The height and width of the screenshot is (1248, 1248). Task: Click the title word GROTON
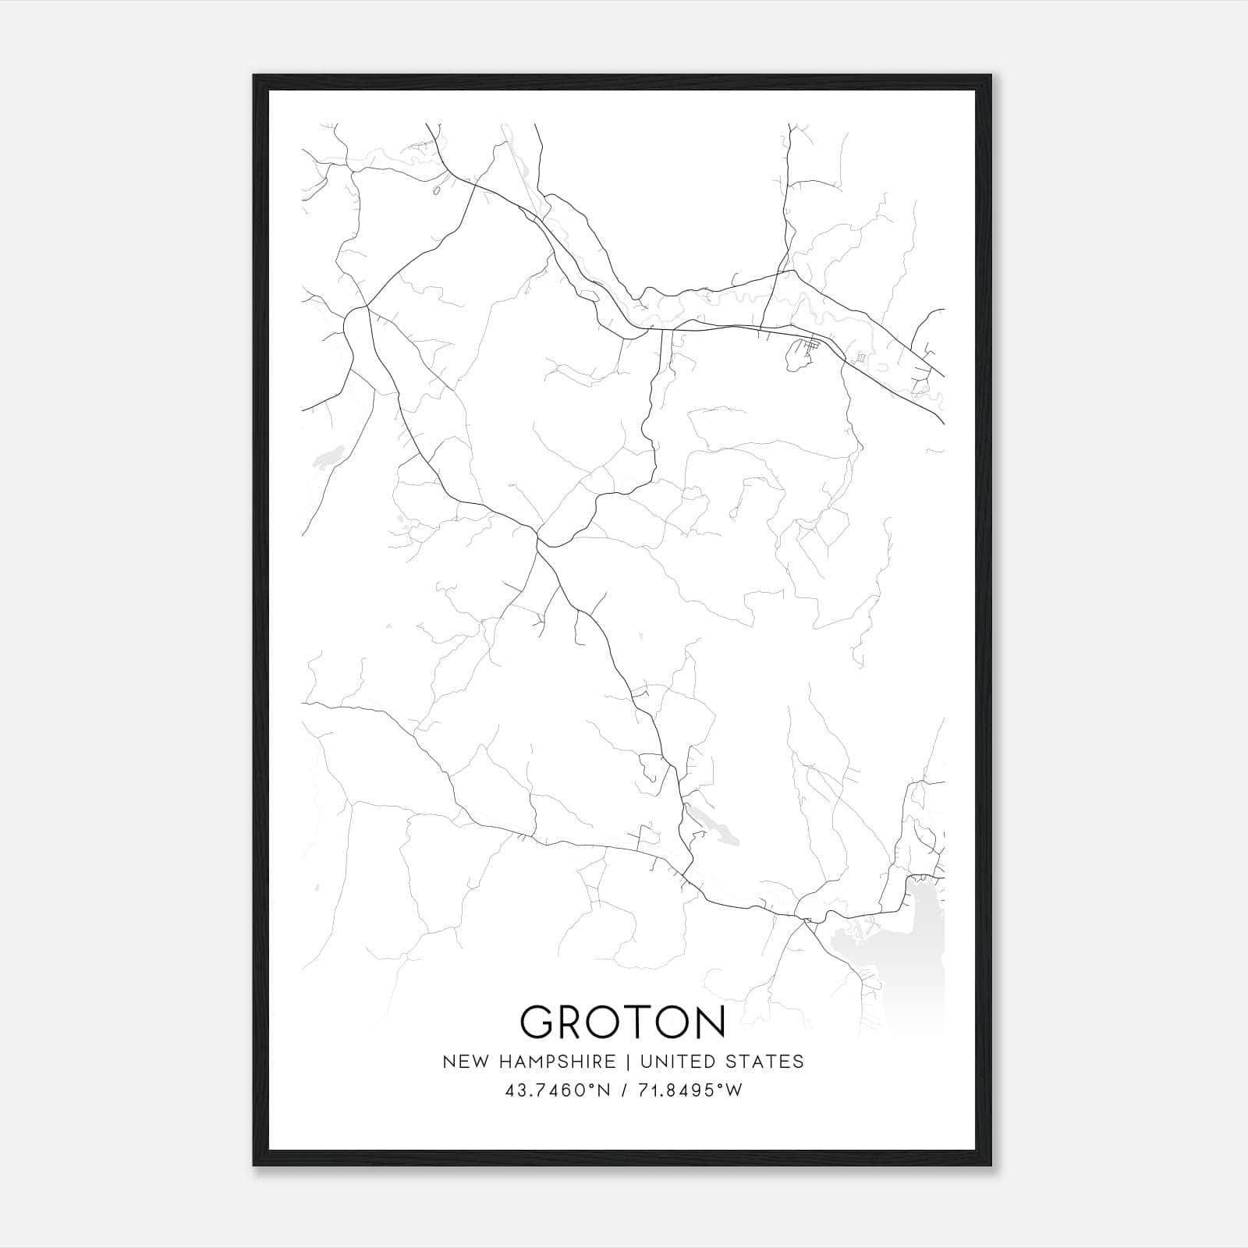pos(622,1022)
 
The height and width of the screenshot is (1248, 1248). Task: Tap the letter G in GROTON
pos(540,1022)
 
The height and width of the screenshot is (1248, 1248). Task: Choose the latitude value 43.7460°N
pos(558,1090)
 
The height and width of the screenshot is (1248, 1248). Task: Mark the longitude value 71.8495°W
pos(690,1090)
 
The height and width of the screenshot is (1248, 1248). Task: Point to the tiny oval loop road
pos(436,190)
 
